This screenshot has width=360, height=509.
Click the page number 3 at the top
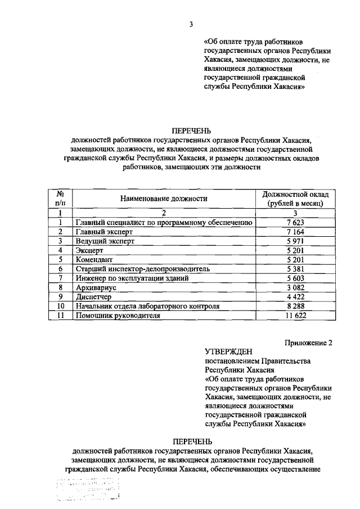[x=191, y=24]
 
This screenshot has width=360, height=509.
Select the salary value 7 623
[x=295, y=222]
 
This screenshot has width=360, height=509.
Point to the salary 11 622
[x=295, y=316]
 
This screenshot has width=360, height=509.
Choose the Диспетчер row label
[x=94, y=297]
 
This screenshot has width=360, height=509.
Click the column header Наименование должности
[x=164, y=199]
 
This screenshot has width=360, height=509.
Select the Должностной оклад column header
[x=295, y=198]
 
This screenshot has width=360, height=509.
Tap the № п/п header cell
[x=60, y=198]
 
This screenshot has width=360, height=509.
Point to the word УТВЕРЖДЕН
[x=225, y=352]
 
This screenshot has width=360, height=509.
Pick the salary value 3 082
[x=295, y=287]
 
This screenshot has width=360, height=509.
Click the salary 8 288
[x=295, y=307]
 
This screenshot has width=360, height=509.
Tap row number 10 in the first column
[x=60, y=307]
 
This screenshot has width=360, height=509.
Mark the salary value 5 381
[x=295, y=269]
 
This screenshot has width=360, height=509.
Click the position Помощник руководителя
[x=118, y=316]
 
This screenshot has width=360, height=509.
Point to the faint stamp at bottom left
[x=90, y=488]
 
